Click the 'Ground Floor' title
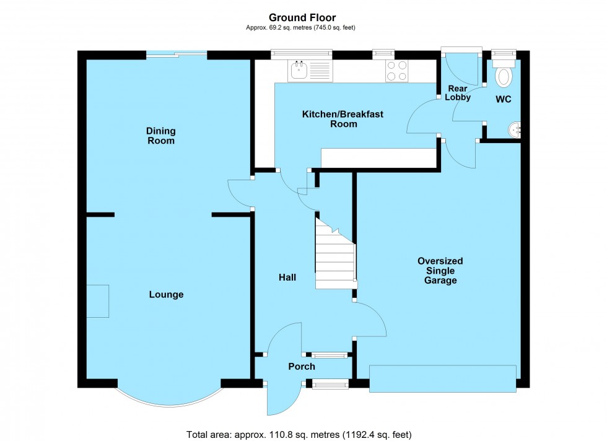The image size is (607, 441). [x=303, y=18]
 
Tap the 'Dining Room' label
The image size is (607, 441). [x=160, y=136]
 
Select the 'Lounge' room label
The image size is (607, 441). [x=166, y=295]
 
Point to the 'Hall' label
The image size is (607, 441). [x=287, y=277]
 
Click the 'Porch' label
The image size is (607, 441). [x=302, y=367]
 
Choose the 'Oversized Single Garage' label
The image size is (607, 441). [x=440, y=271]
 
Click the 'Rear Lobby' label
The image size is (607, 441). [x=458, y=92]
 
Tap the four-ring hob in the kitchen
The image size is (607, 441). [x=396, y=71]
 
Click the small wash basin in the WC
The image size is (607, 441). [x=515, y=130]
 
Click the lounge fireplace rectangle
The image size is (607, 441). [x=97, y=301]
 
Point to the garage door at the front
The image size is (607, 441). [x=442, y=378]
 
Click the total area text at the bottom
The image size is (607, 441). [x=299, y=434]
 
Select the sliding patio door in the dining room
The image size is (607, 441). [x=177, y=55]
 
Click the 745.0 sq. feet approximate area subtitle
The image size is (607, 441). [x=303, y=27]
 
